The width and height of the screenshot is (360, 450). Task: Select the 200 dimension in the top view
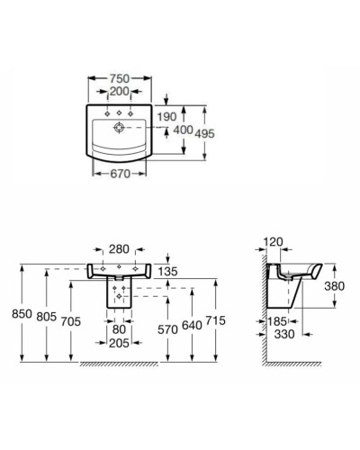pos(118,91)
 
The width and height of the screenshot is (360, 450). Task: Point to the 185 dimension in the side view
pos(277,321)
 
